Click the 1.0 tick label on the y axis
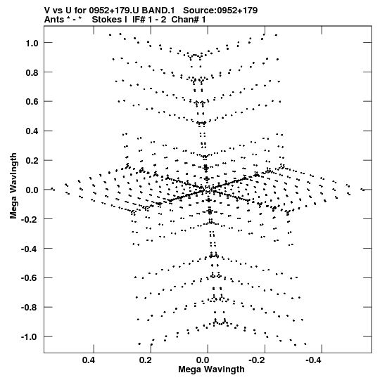pos(32,43)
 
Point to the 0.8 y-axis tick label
pos(32,72)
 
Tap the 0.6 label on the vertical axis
pos(32,102)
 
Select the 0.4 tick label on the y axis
pos(32,131)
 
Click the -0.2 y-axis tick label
pos(30,220)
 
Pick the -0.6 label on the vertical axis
pos(30,278)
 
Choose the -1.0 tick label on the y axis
pos(30,337)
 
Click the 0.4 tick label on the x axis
pos(89,360)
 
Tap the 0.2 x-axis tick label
pos(146,360)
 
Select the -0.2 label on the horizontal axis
pos(258,360)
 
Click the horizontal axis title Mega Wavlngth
pos(211,369)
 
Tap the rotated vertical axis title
pos(13,186)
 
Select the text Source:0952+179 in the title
pos(220,11)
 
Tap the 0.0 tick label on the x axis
pos(203,360)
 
